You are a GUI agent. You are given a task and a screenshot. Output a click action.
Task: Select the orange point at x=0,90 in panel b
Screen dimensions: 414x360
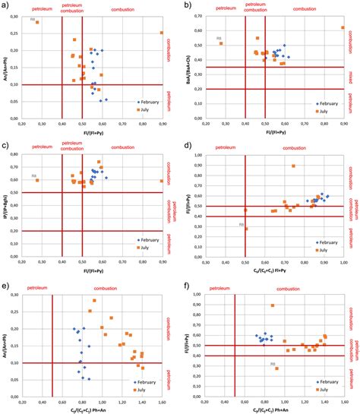point(343,27)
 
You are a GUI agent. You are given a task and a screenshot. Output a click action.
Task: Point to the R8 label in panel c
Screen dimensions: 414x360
point(33,176)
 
